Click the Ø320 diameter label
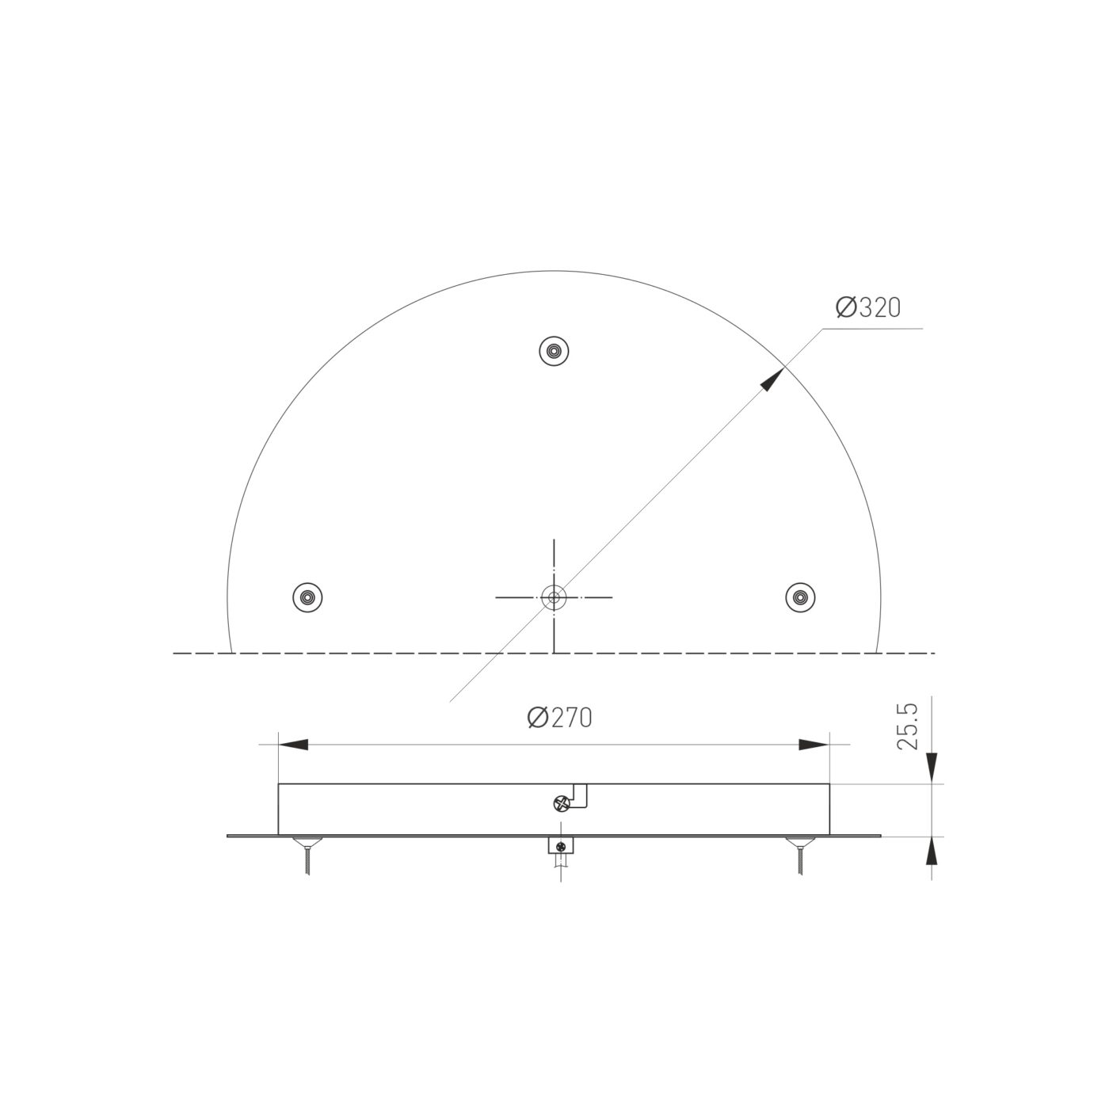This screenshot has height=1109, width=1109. pyautogui.click(x=867, y=307)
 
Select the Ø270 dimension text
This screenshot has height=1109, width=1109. pyautogui.click(x=559, y=718)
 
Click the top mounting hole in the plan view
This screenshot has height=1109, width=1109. pyautogui.click(x=554, y=350)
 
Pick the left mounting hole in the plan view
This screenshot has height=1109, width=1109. pyautogui.click(x=307, y=597)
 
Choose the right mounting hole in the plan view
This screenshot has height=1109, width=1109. pyautogui.click(x=800, y=597)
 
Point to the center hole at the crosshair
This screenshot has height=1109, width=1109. pyautogui.click(x=554, y=597)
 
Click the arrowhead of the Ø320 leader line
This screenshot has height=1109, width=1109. pyautogui.click(x=772, y=380)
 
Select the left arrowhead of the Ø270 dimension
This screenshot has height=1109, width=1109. pyautogui.click(x=293, y=745)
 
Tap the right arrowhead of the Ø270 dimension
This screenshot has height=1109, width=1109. pyautogui.click(x=814, y=745)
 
